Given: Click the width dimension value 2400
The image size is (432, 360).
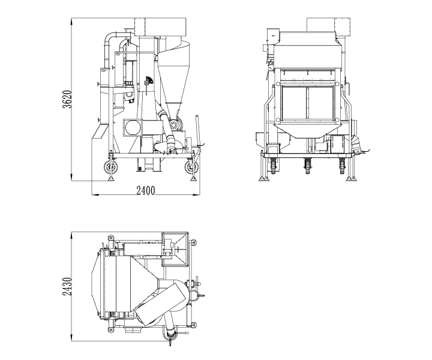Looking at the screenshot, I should pyautogui.click(x=145, y=191).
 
